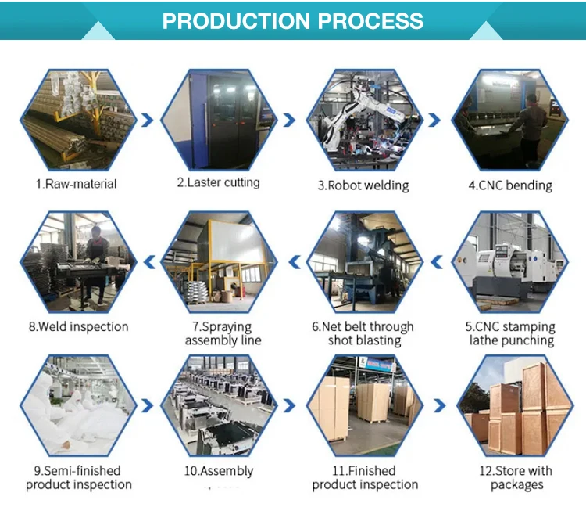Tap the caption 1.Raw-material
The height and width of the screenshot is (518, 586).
(76, 184)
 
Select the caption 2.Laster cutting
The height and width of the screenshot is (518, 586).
(218, 182)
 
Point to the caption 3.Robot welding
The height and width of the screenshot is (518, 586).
(363, 185)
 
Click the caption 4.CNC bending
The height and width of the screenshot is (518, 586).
(510, 185)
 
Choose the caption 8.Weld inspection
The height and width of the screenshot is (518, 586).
(77, 326)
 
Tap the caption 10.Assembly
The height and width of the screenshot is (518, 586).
(218, 470)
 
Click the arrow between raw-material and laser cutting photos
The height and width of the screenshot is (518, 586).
(146, 120)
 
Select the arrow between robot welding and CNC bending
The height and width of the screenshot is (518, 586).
(435, 120)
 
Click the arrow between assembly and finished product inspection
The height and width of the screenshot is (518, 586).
(291, 405)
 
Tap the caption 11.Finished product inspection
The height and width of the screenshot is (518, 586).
(365, 477)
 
